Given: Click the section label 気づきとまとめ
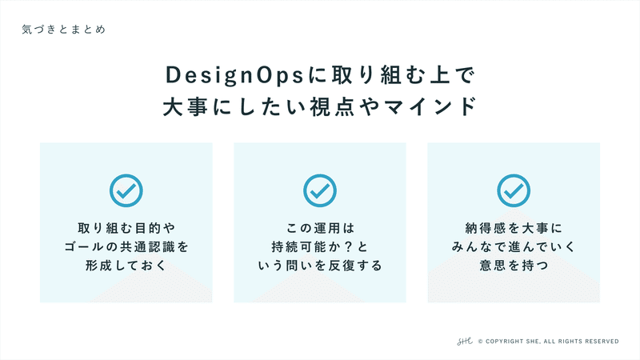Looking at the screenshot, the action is [x=64, y=30].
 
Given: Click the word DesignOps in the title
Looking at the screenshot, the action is [x=234, y=75].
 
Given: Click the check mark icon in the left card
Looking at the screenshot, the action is [x=126, y=190].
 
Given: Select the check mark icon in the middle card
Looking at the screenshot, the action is [x=320, y=190].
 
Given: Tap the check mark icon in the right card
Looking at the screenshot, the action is [x=514, y=190].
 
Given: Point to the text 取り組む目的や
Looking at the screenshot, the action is [x=126, y=228].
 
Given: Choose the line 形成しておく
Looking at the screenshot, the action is [x=126, y=266].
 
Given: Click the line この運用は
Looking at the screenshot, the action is [x=320, y=228].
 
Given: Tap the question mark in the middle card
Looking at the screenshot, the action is [x=348, y=247].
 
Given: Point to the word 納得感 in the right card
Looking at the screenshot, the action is [x=486, y=228].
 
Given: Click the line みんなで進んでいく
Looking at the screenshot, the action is [x=514, y=247].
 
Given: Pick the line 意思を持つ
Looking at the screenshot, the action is [x=514, y=266].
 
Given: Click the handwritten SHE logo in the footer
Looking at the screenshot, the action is [x=465, y=342].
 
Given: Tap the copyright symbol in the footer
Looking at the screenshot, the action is [x=481, y=342].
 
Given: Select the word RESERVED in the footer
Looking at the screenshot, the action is [x=602, y=342].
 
